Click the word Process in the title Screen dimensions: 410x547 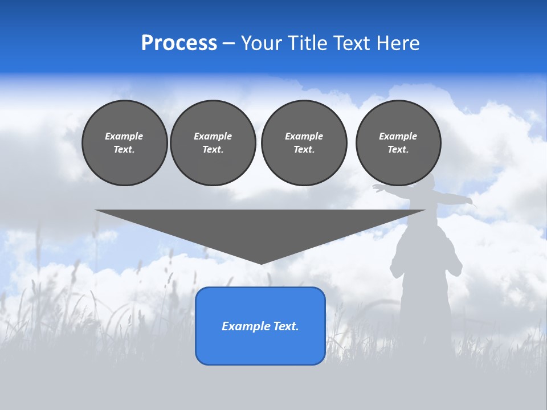point(179,43)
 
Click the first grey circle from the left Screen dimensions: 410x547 point(124,143)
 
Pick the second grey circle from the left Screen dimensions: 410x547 point(213,143)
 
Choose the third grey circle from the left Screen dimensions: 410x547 point(304,143)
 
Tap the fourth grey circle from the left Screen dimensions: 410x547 point(398,143)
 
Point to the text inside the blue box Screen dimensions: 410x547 point(260,326)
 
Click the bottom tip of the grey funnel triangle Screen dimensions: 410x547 point(260,264)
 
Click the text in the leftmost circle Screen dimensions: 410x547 point(124,143)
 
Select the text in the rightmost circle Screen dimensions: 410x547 point(398,143)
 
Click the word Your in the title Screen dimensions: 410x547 point(262,43)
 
